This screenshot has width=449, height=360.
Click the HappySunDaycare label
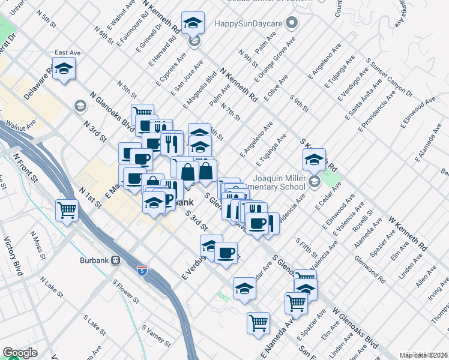(x=249, y=25)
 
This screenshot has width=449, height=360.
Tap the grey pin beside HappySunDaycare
(x=292, y=25)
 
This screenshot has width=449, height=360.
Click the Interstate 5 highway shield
(x=142, y=271)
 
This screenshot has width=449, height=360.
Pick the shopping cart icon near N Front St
(x=67, y=210)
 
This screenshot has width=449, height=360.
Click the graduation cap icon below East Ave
(x=64, y=69)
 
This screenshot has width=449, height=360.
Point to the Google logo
(x=20, y=353)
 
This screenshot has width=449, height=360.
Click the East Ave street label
(x=67, y=53)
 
